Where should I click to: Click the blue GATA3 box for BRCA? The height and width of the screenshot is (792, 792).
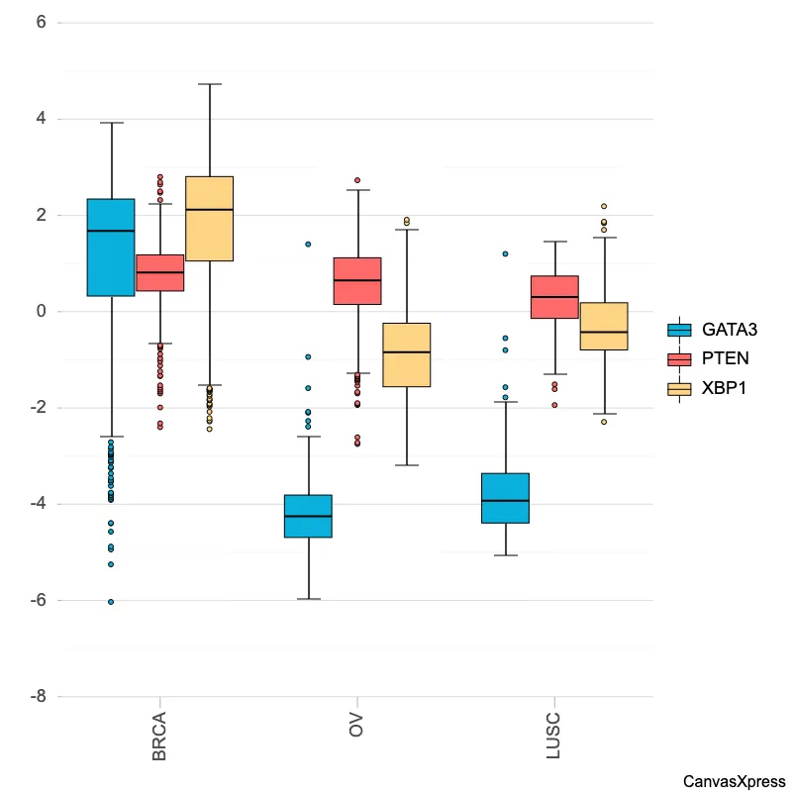click(x=111, y=247)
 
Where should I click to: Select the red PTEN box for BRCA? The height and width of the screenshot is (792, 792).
click(x=159, y=272)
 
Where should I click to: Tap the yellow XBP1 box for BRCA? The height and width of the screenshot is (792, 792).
click(x=209, y=219)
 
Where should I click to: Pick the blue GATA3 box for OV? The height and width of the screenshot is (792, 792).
click(x=308, y=516)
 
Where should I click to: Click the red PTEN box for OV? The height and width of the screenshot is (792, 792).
click(x=357, y=280)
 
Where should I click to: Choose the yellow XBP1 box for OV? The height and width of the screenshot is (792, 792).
click(x=406, y=354)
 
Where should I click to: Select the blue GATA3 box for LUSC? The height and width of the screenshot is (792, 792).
click(x=505, y=498)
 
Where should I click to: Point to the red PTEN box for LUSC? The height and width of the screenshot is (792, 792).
click(x=554, y=297)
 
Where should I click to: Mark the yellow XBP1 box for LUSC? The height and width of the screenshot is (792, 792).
click(x=604, y=327)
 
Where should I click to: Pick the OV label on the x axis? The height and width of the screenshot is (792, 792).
click(x=356, y=724)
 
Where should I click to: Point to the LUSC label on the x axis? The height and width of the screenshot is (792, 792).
click(x=553, y=735)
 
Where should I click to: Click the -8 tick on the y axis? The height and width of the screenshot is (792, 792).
click(x=38, y=697)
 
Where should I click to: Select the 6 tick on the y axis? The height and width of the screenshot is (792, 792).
click(x=41, y=23)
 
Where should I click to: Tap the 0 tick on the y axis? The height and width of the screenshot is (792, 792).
click(x=41, y=312)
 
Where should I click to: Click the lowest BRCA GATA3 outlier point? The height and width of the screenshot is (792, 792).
click(x=111, y=601)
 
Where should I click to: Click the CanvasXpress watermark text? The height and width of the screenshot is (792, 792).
click(x=734, y=781)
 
